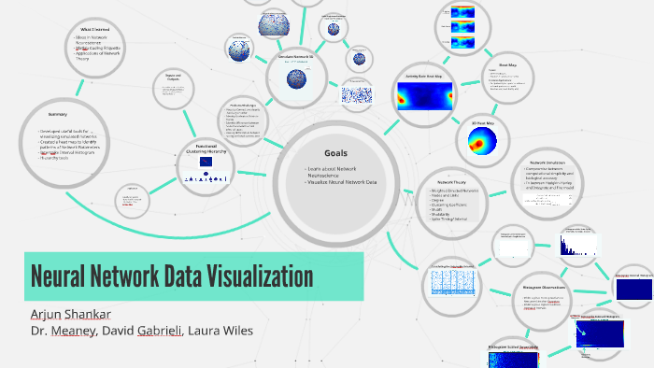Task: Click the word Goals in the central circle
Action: tap(335, 153)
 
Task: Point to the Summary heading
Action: tap(58, 114)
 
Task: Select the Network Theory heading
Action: tap(453, 181)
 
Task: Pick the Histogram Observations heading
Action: tap(546, 288)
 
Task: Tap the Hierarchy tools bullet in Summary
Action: tap(54, 158)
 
